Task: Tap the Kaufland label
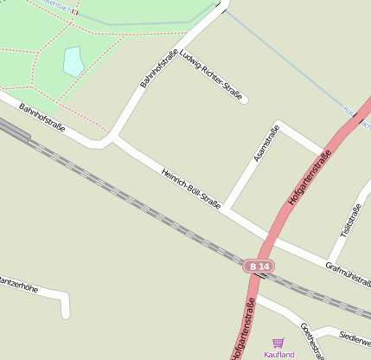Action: [x=279, y=355]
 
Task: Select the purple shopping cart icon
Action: [x=278, y=344]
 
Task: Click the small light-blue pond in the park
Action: [x=74, y=61]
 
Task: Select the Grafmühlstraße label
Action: [x=348, y=275]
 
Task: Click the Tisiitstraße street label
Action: [x=350, y=222]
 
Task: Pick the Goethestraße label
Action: [x=311, y=341]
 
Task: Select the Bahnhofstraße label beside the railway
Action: [x=42, y=120]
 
